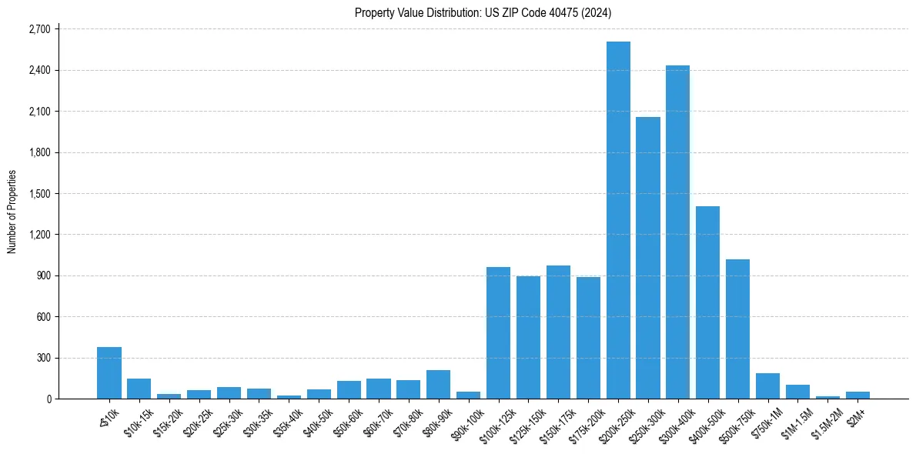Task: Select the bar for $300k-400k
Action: tap(678, 232)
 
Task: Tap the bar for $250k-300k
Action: tap(648, 258)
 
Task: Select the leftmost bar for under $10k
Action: tap(109, 372)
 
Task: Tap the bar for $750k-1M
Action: tap(767, 386)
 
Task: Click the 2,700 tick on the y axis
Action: tap(38, 29)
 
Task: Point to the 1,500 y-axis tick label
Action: tap(38, 194)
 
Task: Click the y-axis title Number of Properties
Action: tap(12, 212)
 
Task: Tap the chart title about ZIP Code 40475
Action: tap(483, 12)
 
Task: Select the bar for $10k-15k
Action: tap(139, 389)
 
